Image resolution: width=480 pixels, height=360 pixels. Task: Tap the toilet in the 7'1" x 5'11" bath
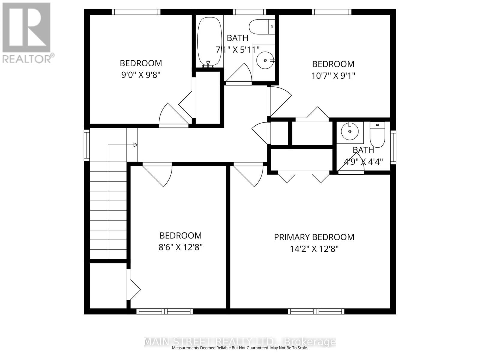click(x=262, y=27)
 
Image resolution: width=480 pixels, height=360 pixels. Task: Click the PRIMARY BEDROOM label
click(x=314, y=237)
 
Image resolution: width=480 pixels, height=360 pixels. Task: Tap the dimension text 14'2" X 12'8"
click(x=314, y=249)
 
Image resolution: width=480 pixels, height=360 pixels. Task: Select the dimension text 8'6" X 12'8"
click(x=180, y=247)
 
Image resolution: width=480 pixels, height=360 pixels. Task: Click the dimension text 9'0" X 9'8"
click(x=141, y=75)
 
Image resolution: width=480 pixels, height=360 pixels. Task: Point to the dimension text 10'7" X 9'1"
click(x=333, y=76)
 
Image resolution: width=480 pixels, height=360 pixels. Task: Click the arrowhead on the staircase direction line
click(x=135, y=145)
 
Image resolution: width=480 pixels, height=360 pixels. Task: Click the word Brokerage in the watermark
click(x=310, y=342)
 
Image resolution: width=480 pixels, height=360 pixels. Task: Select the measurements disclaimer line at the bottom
click(x=240, y=348)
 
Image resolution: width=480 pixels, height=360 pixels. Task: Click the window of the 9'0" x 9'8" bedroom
click(x=136, y=12)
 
